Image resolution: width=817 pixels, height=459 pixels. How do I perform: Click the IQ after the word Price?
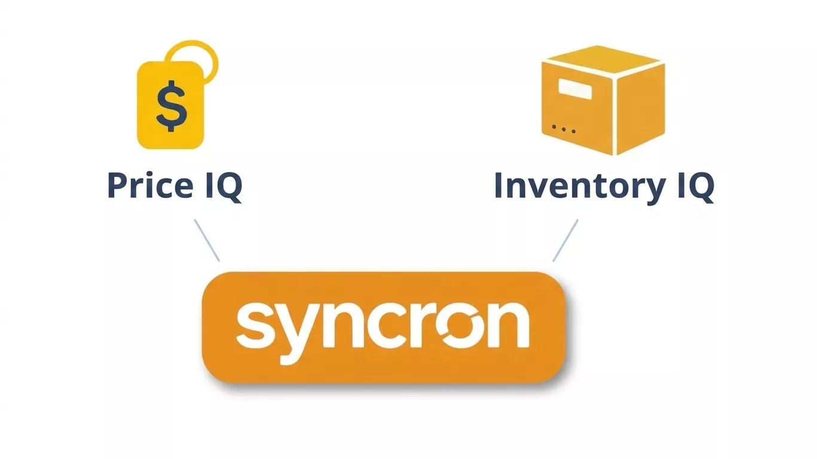click(x=221, y=186)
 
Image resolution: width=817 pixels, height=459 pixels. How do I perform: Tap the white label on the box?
click(x=575, y=90)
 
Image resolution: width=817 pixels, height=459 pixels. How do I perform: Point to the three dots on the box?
click(x=564, y=128)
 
